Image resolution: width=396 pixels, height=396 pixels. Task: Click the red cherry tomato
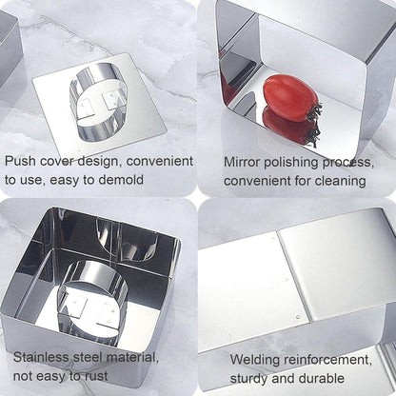coord(290,98)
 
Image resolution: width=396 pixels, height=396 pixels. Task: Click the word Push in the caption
coord(20,161)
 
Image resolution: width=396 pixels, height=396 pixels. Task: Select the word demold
coord(121,180)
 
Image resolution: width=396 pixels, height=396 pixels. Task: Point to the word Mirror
coord(242,162)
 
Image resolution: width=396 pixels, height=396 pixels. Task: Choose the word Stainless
coord(41,358)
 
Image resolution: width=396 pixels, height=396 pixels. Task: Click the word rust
coord(96,376)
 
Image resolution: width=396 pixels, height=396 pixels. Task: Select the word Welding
coord(255,360)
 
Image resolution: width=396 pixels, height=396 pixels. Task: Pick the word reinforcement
coord(327,360)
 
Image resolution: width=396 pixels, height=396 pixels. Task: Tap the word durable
coord(322,378)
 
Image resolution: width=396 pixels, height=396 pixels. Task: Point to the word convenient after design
coord(160,161)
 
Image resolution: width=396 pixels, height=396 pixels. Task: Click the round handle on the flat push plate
coord(98,102)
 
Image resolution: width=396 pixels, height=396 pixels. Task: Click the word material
coord(132,358)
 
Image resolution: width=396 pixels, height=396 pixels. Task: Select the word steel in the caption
coord(88,358)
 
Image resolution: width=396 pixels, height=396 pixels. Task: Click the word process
coord(348,163)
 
